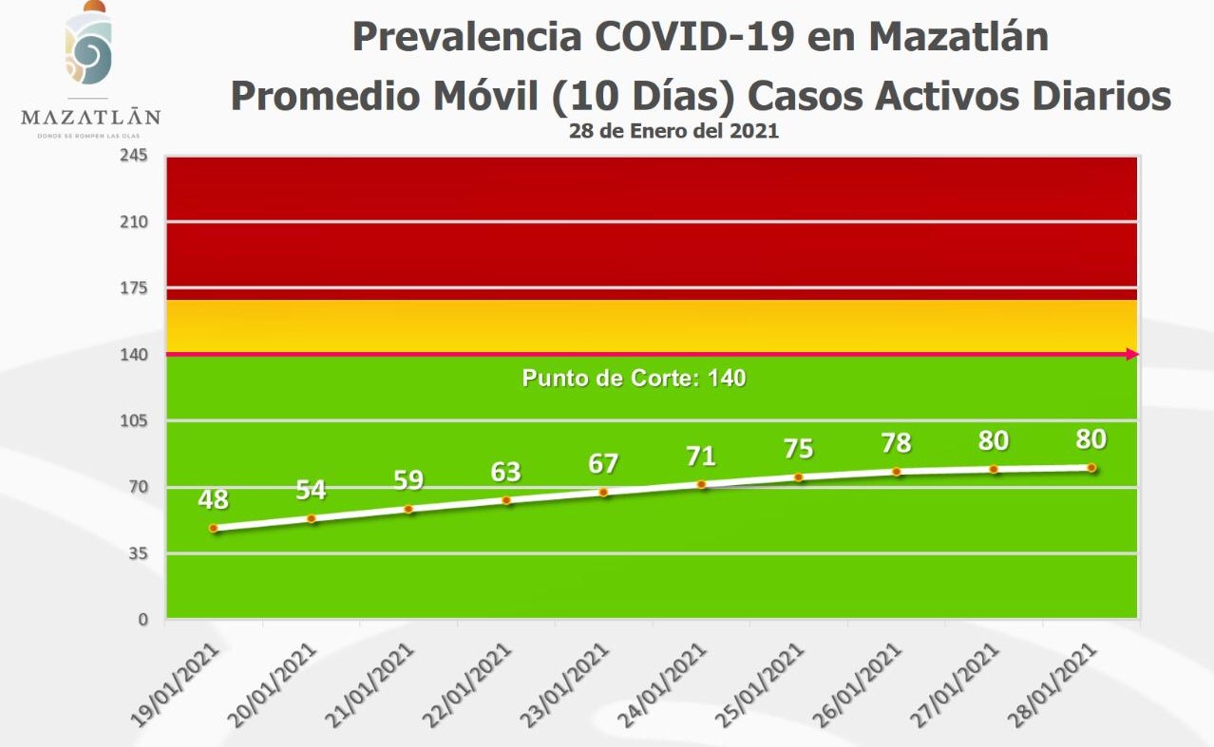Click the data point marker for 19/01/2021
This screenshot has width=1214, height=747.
[214, 528]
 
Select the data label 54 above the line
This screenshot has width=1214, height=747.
[311, 490]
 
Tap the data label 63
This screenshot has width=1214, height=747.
[505, 472]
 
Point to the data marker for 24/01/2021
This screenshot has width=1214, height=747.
[701, 484]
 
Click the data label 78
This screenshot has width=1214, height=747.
[896, 443]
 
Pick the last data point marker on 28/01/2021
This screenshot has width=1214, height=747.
[1091, 467]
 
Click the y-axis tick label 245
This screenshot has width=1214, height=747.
[133, 156]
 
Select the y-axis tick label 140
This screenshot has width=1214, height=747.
[133, 354]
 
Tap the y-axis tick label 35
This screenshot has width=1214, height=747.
[137, 553]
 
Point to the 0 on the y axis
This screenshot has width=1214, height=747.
[142, 620]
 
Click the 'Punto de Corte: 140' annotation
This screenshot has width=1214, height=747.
[634, 379]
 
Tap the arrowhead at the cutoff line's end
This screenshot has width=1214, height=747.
[1132, 354]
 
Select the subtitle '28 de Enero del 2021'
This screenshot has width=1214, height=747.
[673, 132]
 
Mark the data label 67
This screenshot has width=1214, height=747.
[603, 464]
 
